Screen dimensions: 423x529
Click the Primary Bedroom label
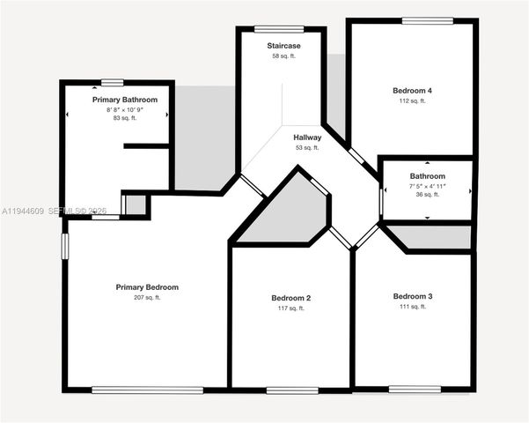point(147,287)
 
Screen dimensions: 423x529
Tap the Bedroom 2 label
point(290,298)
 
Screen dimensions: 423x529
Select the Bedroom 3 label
point(413,296)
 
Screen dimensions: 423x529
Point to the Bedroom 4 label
point(412,91)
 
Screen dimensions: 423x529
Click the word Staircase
point(284,45)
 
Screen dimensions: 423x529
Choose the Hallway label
point(307,137)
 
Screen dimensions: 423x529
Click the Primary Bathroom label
point(125,100)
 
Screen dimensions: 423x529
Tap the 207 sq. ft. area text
point(147,298)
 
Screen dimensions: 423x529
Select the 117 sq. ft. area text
point(290,308)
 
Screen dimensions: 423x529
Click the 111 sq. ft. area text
point(413,307)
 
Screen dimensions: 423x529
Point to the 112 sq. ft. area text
point(412,101)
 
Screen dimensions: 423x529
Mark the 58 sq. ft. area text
point(284,56)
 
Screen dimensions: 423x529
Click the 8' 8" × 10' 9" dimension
point(125,109)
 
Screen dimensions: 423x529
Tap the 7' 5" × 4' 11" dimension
point(427,186)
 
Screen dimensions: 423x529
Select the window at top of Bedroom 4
point(428,20)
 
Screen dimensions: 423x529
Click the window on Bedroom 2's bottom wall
point(292,390)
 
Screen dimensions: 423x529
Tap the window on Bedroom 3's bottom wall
point(415,389)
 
